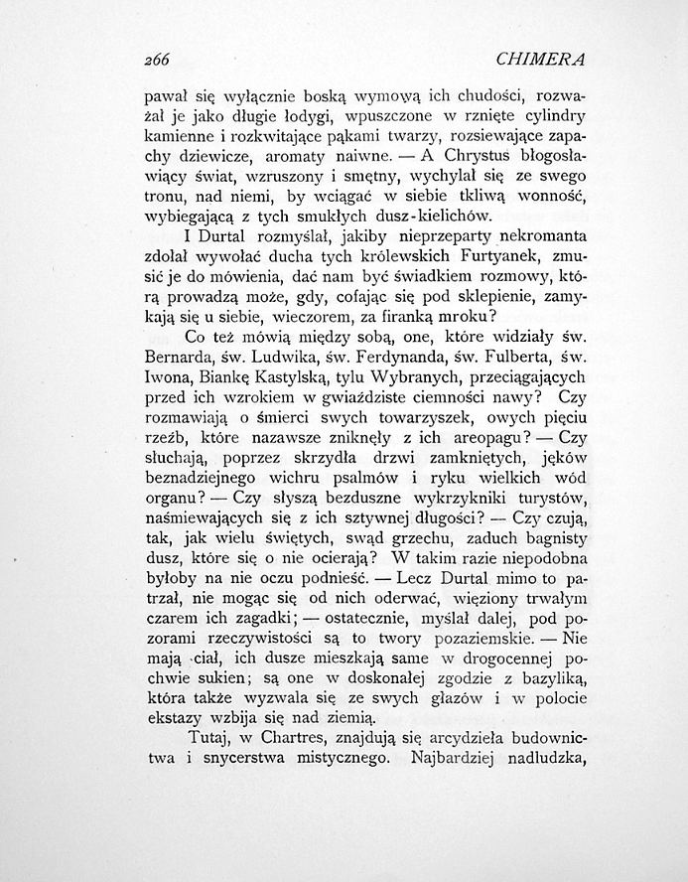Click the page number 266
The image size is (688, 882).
158,60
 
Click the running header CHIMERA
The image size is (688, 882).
540,60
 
